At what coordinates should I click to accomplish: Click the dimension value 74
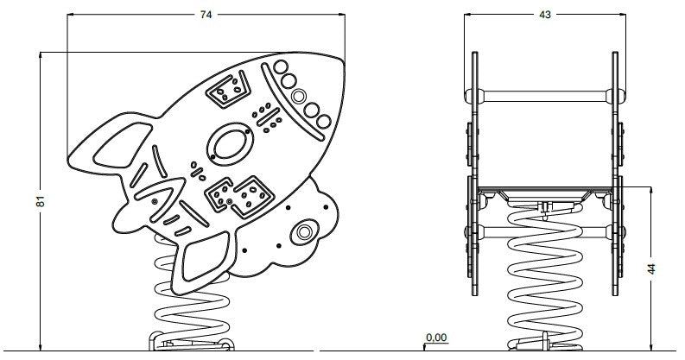tap(206, 15)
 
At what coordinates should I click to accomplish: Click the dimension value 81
tap(41, 201)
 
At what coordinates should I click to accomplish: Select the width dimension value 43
tap(545, 15)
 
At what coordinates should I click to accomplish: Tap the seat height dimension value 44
tap(651, 268)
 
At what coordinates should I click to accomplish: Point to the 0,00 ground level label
tap(436, 338)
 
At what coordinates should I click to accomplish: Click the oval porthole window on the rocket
tap(230, 144)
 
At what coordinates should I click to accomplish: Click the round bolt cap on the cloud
tap(305, 232)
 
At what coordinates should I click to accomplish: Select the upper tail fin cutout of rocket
tap(123, 145)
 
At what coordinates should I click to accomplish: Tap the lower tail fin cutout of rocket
tap(206, 256)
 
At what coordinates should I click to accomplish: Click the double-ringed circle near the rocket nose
tap(299, 96)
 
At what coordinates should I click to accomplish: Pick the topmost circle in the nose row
tap(281, 67)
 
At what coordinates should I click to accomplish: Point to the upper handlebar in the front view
tap(545, 96)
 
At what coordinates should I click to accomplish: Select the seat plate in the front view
tap(545, 190)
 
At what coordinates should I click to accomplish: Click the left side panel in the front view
tap(475, 174)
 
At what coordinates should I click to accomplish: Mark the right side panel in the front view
tap(615, 174)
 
